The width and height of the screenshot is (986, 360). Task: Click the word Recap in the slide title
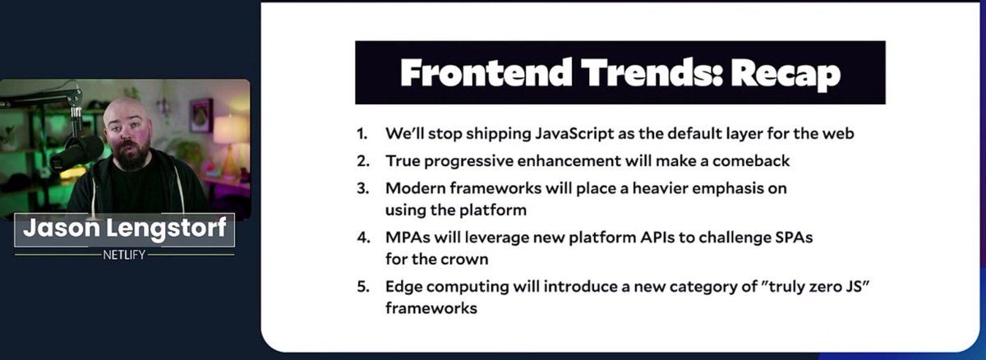(x=786, y=74)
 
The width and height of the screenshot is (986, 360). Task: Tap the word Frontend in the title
(x=486, y=72)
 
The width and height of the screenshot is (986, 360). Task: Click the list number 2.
(x=363, y=161)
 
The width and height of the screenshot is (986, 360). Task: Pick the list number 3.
(x=363, y=188)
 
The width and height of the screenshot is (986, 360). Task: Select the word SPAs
(x=794, y=238)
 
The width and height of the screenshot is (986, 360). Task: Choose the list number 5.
(x=363, y=287)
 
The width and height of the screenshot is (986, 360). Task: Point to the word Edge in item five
(x=403, y=287)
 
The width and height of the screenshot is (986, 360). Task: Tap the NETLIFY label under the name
(x=124, y=255)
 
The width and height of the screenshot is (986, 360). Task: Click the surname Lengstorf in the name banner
(x=166, y=228)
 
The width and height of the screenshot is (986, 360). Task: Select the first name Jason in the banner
(x=62, y=228)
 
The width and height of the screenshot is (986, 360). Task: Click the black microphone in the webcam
(x=77, y=155)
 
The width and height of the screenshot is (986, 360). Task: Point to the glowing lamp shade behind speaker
(x=231, y=130)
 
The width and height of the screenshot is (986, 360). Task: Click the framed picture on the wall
(x=201, y=115)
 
